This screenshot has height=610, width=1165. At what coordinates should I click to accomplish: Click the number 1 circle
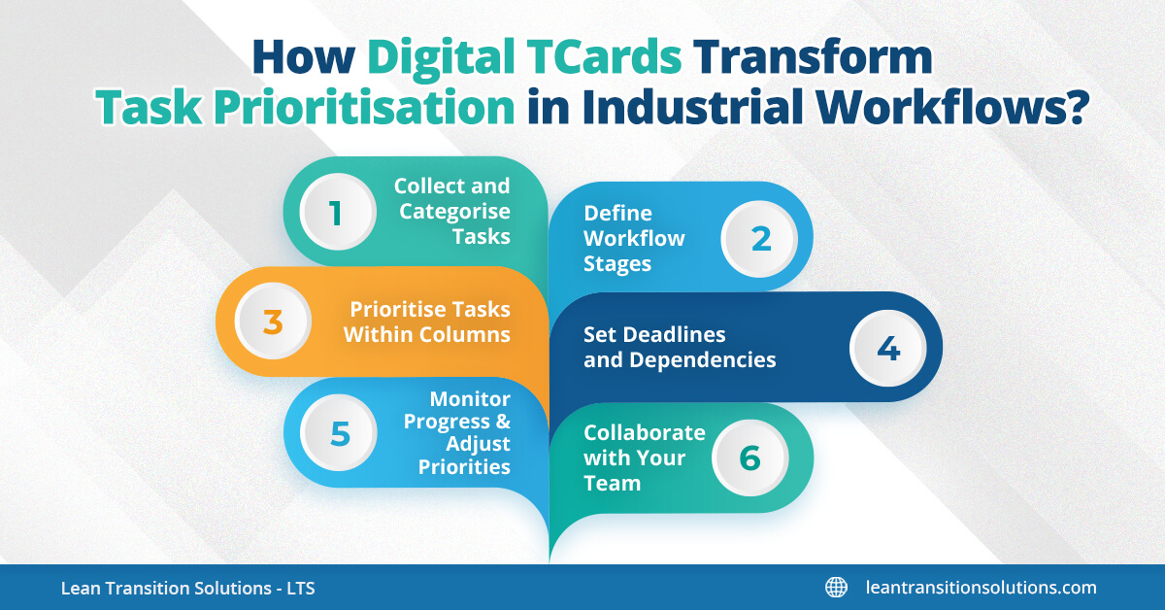[336, 212]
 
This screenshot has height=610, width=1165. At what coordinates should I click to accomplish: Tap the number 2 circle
[760, 238]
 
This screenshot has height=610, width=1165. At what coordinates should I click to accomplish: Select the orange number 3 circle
[273, 322]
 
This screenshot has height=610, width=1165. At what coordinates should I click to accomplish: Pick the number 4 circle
[887, 348]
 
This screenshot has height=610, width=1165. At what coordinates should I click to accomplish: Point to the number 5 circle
[339, 433]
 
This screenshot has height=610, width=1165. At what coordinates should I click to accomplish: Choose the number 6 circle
[749, 458]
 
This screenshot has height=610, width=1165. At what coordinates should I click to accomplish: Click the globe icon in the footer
[836, 587]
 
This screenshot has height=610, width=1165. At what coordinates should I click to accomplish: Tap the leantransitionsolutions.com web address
[981, 587]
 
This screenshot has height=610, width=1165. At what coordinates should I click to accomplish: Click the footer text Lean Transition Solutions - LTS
[187, 588]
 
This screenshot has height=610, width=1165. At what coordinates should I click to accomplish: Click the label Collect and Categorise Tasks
[451, 211]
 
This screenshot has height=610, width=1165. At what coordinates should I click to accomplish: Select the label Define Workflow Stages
[634, 238]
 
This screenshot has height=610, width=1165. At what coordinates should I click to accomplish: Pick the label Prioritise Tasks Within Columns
[430, 322]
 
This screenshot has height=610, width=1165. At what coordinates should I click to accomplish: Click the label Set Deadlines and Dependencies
[680, 348]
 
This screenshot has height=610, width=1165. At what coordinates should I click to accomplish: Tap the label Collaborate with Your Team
[644, 457]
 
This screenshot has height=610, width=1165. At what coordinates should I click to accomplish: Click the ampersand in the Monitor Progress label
[503, 422]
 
